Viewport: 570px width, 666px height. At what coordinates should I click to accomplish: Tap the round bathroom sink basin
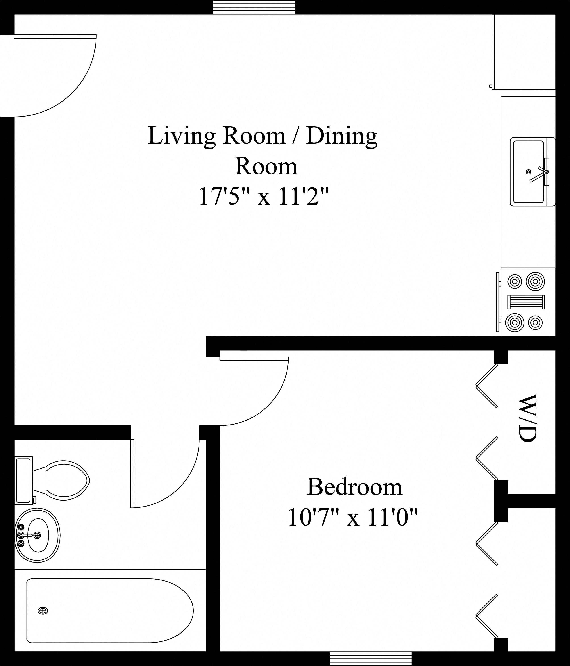[38, 535]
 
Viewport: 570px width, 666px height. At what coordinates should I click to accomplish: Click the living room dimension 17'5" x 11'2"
[264, 197]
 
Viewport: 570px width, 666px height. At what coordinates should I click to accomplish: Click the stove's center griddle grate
[526, 302]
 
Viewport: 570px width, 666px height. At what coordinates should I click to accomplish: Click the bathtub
[109, 611]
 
